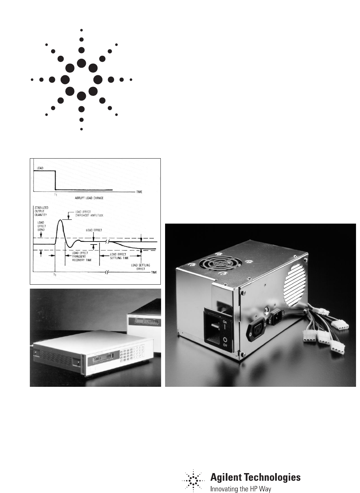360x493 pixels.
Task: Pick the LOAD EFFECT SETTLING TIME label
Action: click(x=118, y=256)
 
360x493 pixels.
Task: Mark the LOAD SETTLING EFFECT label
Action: click(x=138, y=267)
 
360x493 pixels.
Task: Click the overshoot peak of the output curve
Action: click(x=60, y=220)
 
